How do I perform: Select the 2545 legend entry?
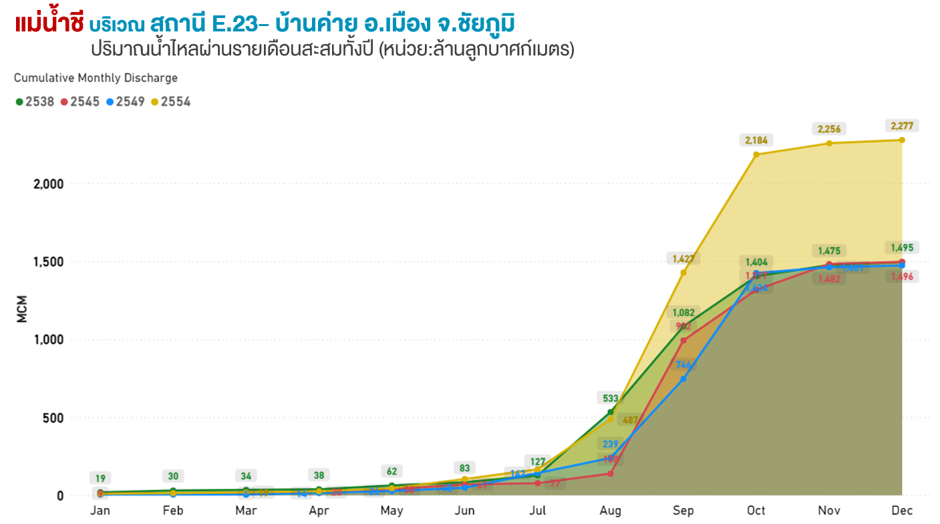tap(80, 102)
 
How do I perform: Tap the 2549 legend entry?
tap(125, 102)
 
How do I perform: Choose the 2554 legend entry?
tap(170, 102)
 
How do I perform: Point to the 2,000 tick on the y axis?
tap(48, 184)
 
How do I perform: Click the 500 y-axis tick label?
tap(54, 418)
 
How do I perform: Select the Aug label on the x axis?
tap(610, 511)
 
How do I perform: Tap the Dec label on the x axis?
tap(902, 511)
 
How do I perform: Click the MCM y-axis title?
tap(23, 309)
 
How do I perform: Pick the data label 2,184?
tap(756, 140)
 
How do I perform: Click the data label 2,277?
tap(902, 126)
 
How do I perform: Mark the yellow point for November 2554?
tap(829, 143)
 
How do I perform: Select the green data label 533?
tap(611, 398)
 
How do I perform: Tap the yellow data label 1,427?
tap(683, 258)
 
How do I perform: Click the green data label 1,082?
tap(683, 312)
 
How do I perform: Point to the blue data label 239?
tap(611, 444)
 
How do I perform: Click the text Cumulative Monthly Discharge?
tap(96, 78)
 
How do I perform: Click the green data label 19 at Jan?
tap(100, 479)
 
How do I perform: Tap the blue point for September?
tap(683, 379)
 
